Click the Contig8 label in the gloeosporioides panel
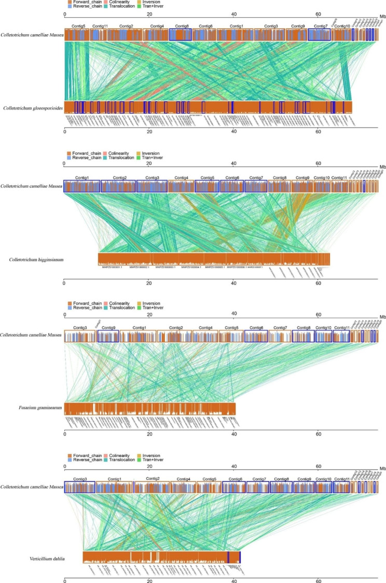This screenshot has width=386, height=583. tap(182, 25)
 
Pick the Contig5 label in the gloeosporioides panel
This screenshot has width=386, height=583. tap(76, 25)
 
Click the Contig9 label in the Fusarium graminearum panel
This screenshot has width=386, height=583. tap(108, 328)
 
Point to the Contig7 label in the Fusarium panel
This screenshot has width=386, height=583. tap(280, 328)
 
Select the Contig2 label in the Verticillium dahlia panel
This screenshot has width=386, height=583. tap(153, 478)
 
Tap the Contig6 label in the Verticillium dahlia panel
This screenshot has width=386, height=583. tap(235, 479)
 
